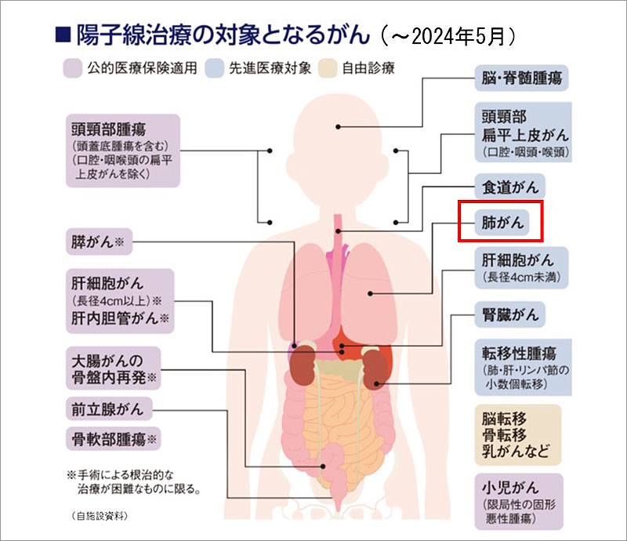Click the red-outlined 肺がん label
501,222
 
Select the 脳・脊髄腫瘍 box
520,78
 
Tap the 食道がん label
509,187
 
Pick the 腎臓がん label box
510,315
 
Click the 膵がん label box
97,242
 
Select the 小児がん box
518,502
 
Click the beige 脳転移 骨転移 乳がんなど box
518,434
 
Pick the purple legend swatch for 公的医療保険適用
73,67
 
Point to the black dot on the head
339,126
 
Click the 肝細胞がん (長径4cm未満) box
520,267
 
